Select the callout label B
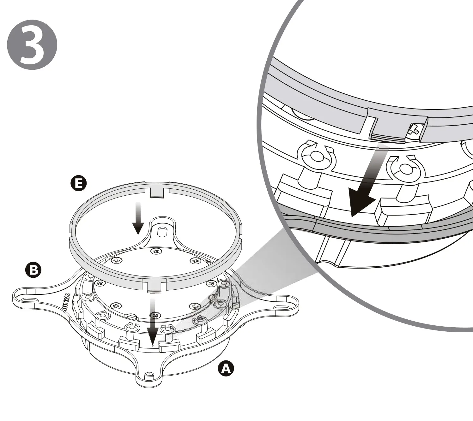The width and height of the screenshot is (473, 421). tap(33, 270)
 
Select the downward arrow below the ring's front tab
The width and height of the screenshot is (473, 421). tap(153, 322)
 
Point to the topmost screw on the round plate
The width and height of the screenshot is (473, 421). tap(155, 251)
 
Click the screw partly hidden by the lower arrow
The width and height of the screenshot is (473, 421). tap(155, 315)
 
